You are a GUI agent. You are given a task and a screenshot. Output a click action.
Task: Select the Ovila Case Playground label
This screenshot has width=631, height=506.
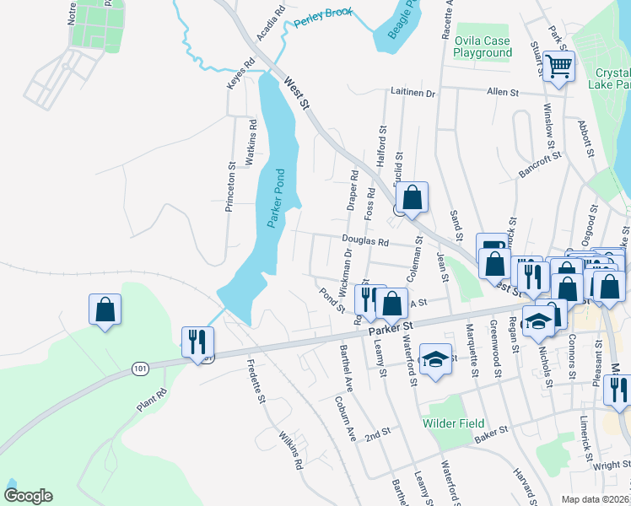pyautogui.click(x=483, y=46)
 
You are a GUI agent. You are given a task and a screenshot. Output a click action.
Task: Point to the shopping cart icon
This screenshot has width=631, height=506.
pyautogui.click(x=558, y=65)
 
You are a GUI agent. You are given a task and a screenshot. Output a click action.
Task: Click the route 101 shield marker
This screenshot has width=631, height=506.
pyautogui.click(x=140, y=369)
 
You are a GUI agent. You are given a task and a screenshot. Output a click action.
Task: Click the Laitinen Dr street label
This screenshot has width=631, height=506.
pyautogui.click(x=413, y=93)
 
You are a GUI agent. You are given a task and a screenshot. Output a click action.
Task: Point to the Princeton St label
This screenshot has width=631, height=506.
pyautogui.click(x=229, y=186)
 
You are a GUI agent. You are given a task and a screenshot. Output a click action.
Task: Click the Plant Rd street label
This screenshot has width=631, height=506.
pyautogui.click(x=154, y=401)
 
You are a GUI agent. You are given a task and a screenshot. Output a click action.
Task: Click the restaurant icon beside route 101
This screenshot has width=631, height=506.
pyautogui.click(x=198, y=342)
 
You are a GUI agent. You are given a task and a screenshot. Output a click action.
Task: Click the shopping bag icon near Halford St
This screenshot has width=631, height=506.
pyautogui.click(x=411, y=199)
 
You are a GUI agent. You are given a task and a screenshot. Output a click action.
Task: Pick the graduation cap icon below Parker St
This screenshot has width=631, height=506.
pyautogui.click(x=435, y=360)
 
